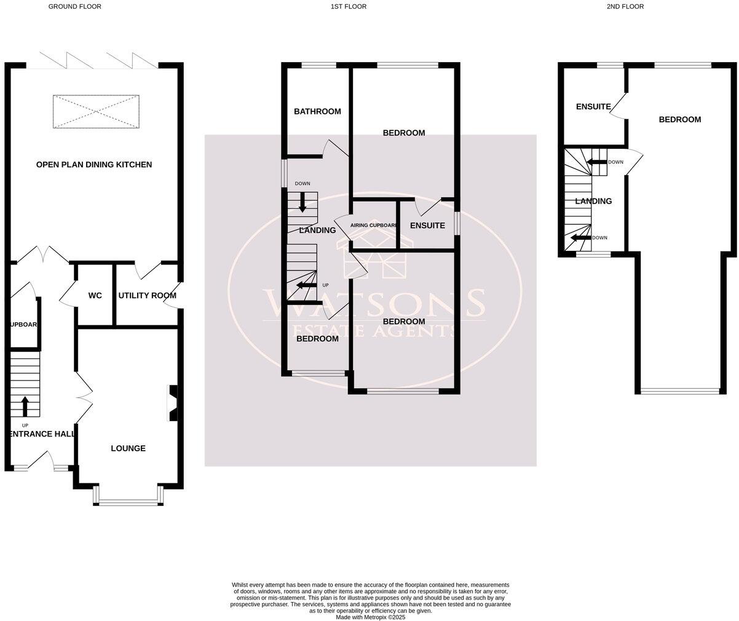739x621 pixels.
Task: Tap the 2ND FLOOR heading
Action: (625, 6)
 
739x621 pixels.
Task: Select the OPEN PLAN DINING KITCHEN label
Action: (93, 165)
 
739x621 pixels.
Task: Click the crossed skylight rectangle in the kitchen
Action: (96, 112)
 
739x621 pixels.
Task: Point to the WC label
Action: (95, 296)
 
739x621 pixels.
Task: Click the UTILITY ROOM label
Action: (147, 296)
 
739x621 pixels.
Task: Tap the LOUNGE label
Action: (128, 448)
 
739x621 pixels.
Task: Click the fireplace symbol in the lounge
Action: (173, 403)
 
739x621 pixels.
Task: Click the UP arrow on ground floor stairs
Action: (25, 406)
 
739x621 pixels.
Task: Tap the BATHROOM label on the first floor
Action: (317, 111)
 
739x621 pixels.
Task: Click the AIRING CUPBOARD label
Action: (374, 226)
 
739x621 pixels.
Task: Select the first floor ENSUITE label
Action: (427, 226)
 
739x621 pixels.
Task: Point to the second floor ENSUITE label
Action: (593, 107)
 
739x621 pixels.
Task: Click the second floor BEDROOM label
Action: (679, 119)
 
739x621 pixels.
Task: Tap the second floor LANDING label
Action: (593, 201)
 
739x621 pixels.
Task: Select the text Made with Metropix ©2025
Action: (370, 617)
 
